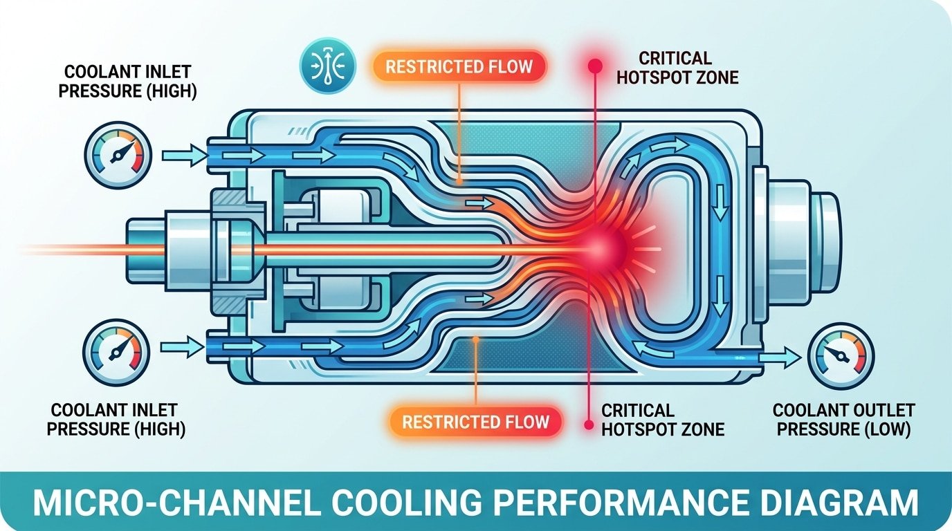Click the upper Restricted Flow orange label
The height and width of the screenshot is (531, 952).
click(459, 67)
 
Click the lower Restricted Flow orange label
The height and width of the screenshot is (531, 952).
click(475, 421)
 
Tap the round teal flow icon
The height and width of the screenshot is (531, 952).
click(327, 67)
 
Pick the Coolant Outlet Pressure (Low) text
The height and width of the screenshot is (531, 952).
click(843, 420)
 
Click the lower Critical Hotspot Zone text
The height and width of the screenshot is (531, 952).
click(662, 420)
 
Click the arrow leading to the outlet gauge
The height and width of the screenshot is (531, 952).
click(781, 357)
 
